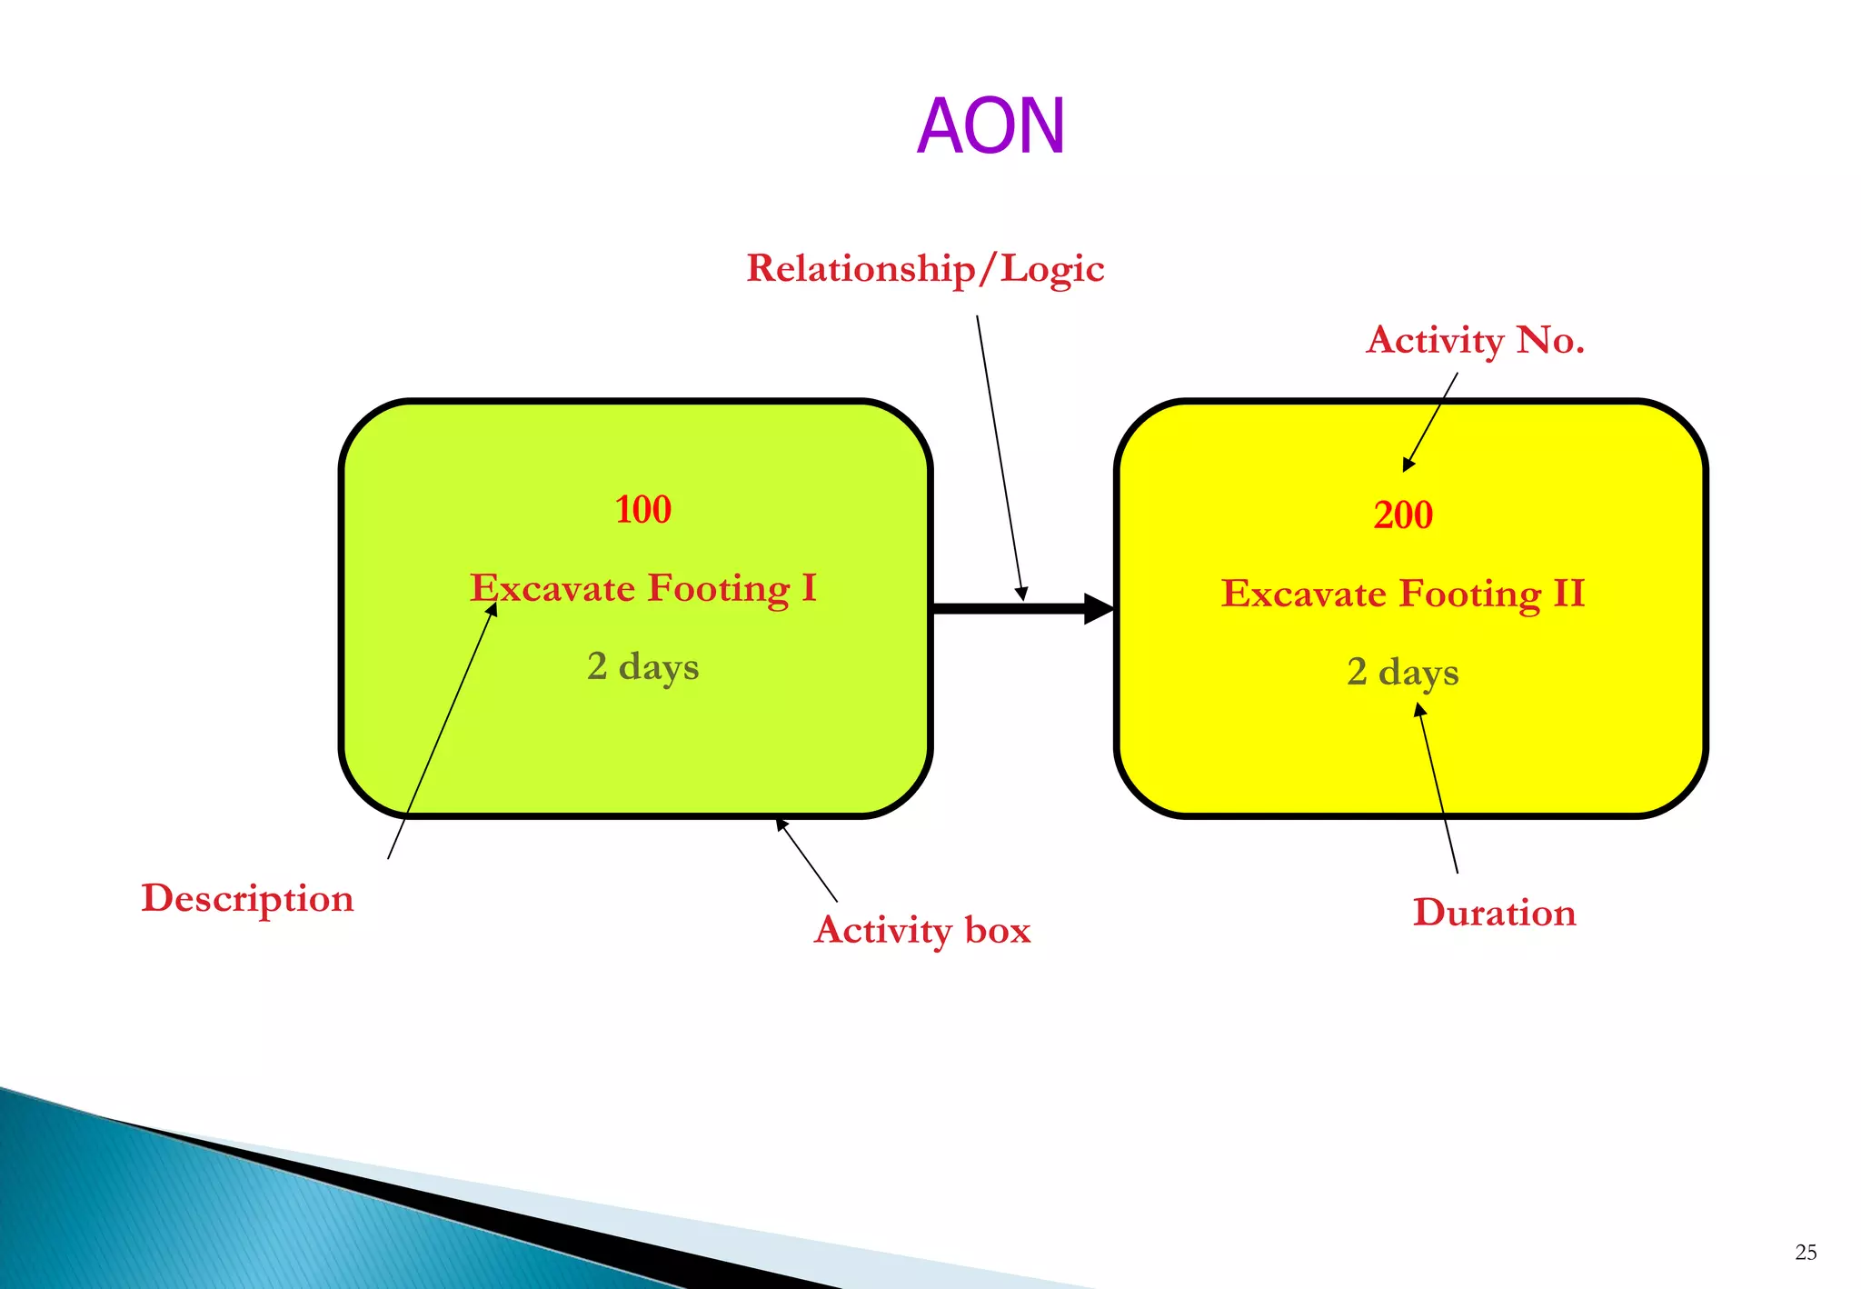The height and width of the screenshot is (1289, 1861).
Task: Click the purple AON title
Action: click(x=990, y=126)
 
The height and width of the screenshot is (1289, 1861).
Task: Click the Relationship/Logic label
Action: click(x=925, y=269)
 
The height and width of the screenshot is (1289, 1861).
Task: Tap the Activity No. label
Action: click(x=1475, y=341)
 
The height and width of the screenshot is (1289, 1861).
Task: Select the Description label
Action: click(x=247, y=898)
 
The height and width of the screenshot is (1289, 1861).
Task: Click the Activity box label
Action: click(x=922, y=930)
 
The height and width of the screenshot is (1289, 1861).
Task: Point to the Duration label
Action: click(x=1494, y=913)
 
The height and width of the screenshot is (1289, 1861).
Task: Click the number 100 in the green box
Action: click(x=643, y=509)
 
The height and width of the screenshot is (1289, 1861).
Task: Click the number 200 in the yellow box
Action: click(x=1403, y=515)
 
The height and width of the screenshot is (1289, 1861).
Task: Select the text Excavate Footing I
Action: click(x=643, y=588)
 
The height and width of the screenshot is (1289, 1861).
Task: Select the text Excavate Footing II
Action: click(x=1403, y=594)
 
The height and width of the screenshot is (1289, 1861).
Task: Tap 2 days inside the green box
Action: click(x=643, y=666)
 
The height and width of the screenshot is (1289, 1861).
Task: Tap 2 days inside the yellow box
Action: click(x=1403, y=672)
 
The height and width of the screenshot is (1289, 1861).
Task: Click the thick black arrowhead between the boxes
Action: click(x=1099, y=608)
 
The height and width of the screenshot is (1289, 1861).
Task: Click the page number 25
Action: click(x=1806, y=1253)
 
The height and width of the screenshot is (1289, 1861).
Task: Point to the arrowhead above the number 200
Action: click(x=1408, y=465)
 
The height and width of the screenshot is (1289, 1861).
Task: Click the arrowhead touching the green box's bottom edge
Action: click(x=781, y=824)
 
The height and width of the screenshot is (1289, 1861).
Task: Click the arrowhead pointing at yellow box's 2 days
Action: click(x=1420, y=711)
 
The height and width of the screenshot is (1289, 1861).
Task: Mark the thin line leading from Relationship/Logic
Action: click(x=1000, y=455)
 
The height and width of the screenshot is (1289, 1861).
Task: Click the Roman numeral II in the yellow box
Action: click(x=1568, y=594)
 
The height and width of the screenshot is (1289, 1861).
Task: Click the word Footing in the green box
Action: click(x=719, y=588)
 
